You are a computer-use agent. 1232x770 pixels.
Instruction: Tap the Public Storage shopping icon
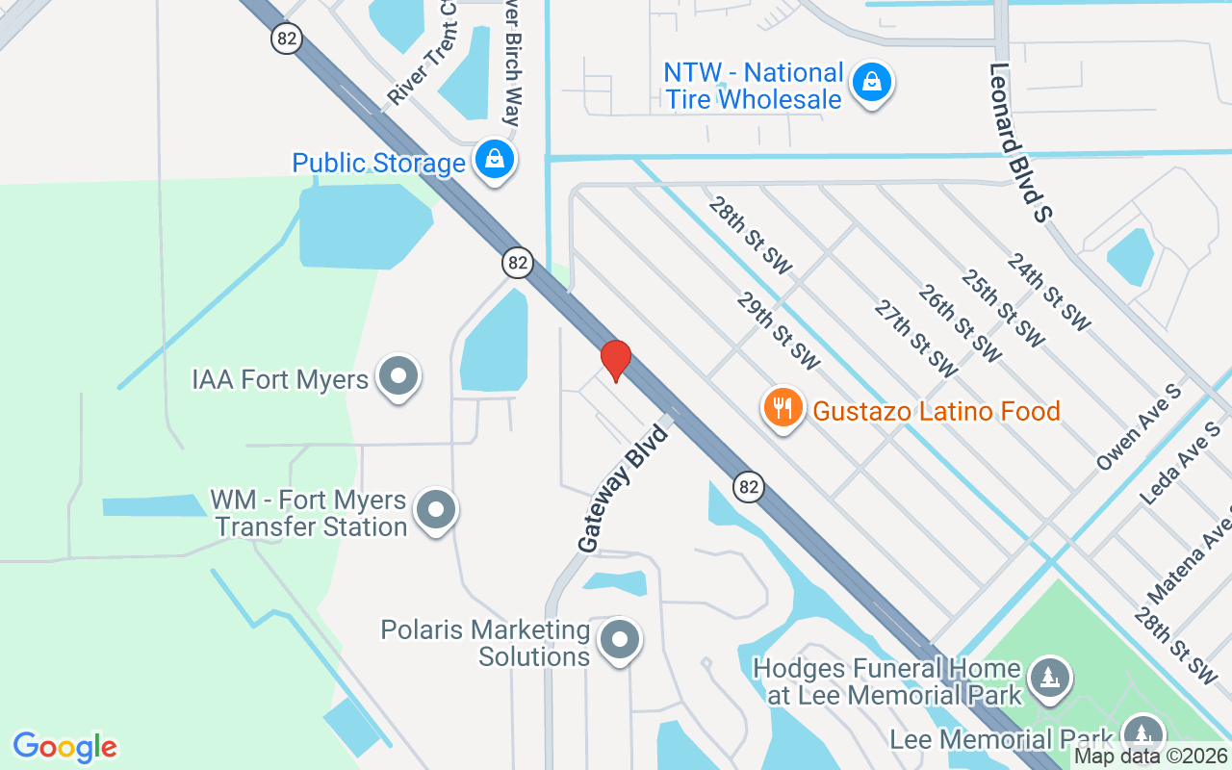point(495,160)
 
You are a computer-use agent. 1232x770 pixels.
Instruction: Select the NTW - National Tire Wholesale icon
point(871,83)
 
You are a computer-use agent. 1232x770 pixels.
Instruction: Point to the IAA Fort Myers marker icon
point(398,377)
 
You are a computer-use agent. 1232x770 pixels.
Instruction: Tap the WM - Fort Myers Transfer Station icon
point(436,510)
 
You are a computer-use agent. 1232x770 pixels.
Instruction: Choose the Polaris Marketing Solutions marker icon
point(620,640)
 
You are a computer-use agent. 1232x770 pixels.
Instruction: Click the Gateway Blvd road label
point(623,486)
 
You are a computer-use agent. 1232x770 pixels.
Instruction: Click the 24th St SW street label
point(1049,291)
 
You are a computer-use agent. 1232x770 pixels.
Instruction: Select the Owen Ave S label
point(1139,427)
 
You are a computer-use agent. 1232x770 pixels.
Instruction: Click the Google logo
point(64,746)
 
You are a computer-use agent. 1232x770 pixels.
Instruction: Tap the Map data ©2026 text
point(1151,757)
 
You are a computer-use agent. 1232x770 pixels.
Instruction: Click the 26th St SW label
point(960,323)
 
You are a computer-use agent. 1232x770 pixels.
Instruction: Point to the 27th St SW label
point(916,338)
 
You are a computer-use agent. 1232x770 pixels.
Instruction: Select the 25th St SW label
point(1003,308)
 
